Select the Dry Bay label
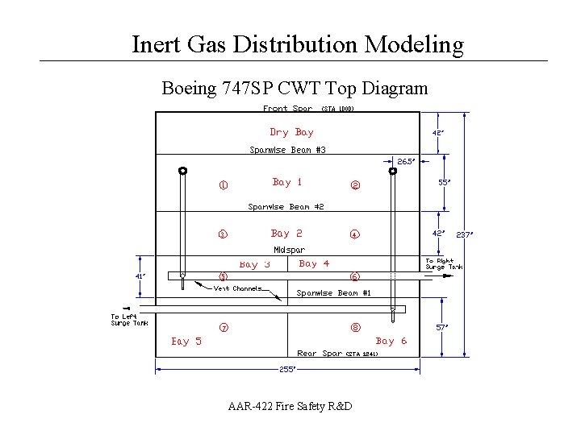[291, 132]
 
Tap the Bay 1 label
[287, 182]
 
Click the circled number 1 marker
[223, 186]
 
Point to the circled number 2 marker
[354, 186]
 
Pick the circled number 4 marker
[354, 235]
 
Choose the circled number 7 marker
[224, 328]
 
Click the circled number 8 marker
[355, 328]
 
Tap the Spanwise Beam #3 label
[287, 150]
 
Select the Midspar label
[289, 250]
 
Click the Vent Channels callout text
[236, 288]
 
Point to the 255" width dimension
[287, 369]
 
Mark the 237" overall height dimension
[463, 234]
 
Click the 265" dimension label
[404, 161]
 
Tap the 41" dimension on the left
[140, 275]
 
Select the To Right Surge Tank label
[445, 263]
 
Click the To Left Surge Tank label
[129, 320]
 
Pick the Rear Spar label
[320, 354]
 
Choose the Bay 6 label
[391, 341]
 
